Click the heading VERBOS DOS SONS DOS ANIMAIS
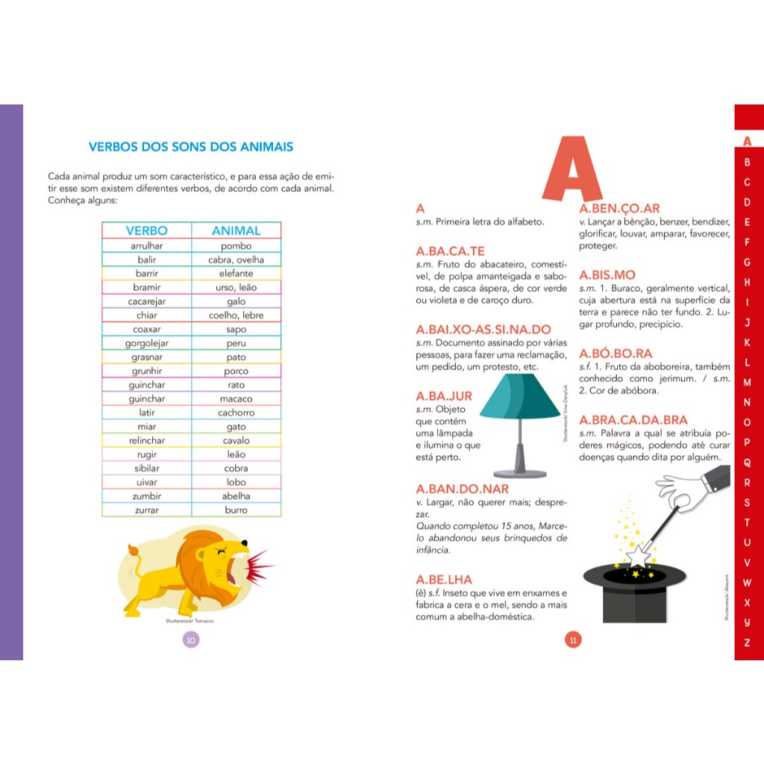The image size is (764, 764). click(x=191, y=147)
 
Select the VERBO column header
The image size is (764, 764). click(x=147, y=231)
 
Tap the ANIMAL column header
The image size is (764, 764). click(x=236, y=231)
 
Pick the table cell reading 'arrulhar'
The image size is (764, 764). click(x=147, y=245)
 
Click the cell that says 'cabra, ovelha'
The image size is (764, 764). click(x=236, y=260)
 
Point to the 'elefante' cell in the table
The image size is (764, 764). click(x=236, y=274)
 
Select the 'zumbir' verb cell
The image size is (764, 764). click(x=147, y=495)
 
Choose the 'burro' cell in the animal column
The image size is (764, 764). click(x=236, y=510)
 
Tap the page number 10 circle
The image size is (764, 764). click(x=191, y=639)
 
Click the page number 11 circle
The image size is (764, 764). click(x=573, y=639)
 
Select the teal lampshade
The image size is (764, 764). click(x=520, y=397)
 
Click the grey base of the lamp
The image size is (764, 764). click(x=520, y=472)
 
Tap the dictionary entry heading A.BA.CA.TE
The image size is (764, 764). click(x=450, y=251)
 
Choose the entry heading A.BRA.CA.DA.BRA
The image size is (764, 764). click(x=633, y=420)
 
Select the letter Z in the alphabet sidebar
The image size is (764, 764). click(x=748, y=642)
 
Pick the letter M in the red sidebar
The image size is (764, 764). click(x=748, y=382)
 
